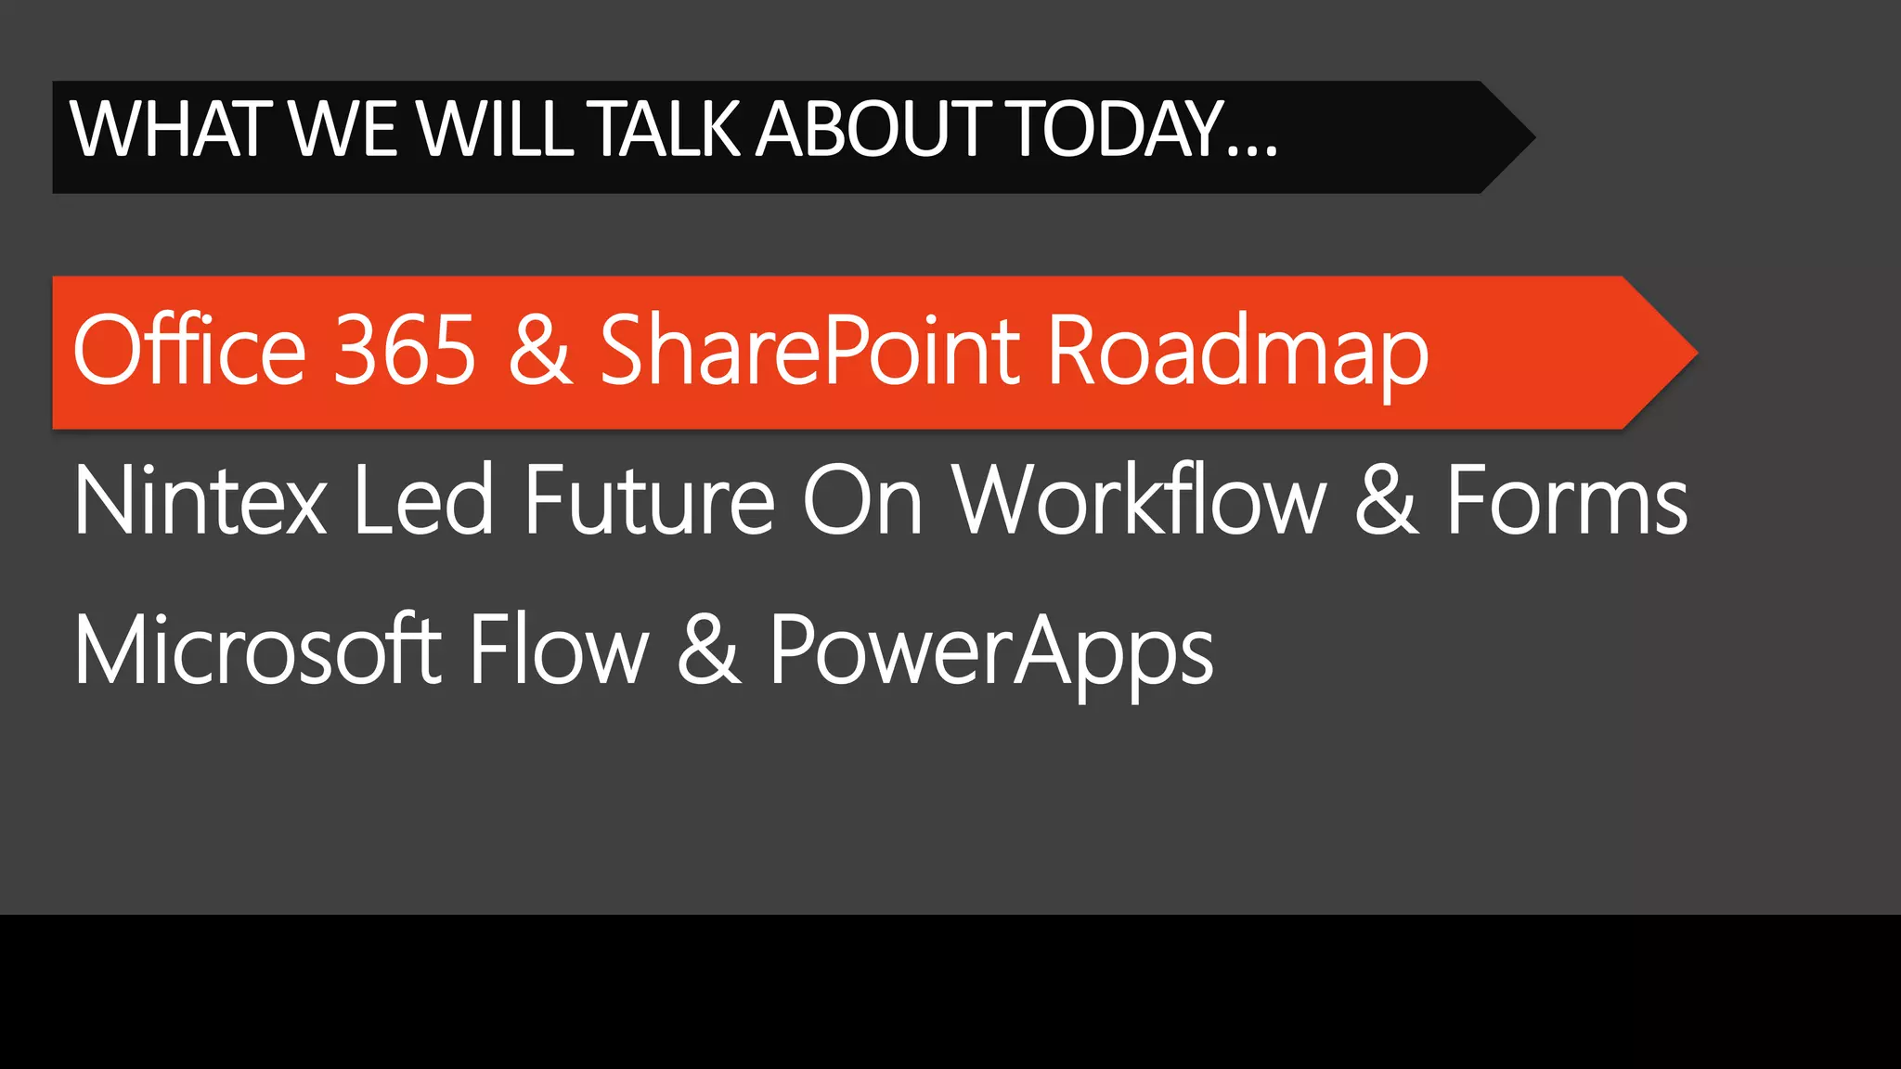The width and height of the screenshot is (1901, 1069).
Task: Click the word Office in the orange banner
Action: click(189, 350)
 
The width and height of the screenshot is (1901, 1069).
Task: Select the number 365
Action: click(405, 350)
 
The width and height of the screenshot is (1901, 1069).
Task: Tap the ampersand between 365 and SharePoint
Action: click(540, 350)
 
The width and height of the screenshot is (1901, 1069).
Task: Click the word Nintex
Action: click(200, 501)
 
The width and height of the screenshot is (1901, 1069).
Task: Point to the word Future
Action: click(650, 501)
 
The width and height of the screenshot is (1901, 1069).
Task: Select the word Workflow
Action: click(1141, 501)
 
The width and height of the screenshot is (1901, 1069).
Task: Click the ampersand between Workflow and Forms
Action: click(1387, 501)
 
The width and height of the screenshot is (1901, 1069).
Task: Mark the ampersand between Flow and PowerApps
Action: click(709, 650)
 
